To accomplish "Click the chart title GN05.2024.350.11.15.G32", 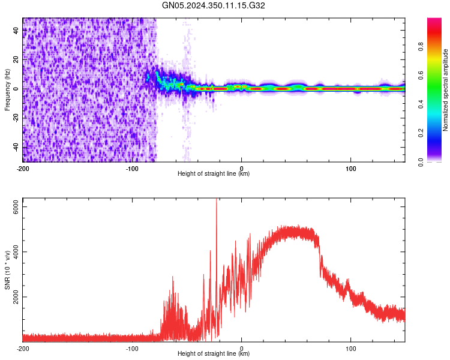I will tap(214, 6).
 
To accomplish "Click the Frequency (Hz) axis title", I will tap(7, 90).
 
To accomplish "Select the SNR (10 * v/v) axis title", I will tap(7, 269).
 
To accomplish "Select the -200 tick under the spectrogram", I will tap(23, 168).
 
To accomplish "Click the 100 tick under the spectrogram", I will tap(350, 168).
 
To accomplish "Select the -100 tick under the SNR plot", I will tap(132, 348).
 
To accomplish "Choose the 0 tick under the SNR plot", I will tap(242, 348).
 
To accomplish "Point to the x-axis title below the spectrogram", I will tap(214, 174).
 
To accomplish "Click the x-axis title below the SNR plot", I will tap(214, 354).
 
